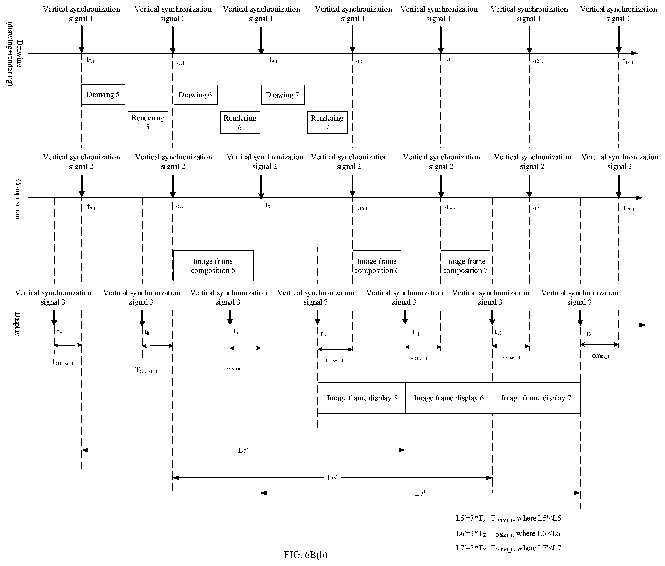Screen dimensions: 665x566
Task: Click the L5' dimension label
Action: point(243,450)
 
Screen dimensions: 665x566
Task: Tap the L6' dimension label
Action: point(332,478)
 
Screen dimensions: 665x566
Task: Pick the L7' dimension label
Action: point(420,493)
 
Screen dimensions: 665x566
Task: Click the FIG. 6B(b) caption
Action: point(306,555)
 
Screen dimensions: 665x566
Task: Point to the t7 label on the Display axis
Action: point(59,332)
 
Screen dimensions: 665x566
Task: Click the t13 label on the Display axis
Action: point(587,333)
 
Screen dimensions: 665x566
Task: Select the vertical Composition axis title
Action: point(18,199)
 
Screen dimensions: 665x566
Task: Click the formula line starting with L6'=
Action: point(508,534)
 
